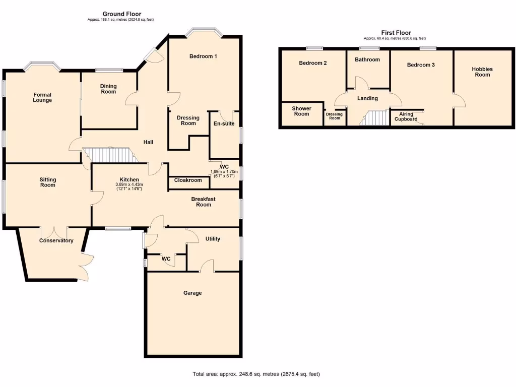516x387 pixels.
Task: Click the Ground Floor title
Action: tap(121, 14)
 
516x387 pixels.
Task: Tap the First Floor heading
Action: tap(396, 33)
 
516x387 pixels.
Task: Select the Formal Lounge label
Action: tap(43, 97)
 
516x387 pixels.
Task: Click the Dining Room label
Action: tap(108, 89)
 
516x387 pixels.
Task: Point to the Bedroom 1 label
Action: tap(203, 56)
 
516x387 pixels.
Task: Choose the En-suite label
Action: tap(224, 123)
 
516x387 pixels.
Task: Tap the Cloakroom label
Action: tap(188, 180)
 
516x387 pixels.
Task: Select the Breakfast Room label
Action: tap(203, 202)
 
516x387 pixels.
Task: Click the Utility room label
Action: tap(213, 239)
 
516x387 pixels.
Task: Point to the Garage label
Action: tap(192, 293)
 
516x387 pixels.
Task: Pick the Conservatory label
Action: tap(56, 241)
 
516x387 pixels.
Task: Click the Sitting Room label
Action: tap(48, 182)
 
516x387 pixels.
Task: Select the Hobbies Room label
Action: tap(482, 72)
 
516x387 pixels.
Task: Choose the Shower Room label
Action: tap(301, 111)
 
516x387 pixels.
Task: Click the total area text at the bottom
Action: tap(256, 374)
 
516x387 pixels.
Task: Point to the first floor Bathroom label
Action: tap(367, 59)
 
